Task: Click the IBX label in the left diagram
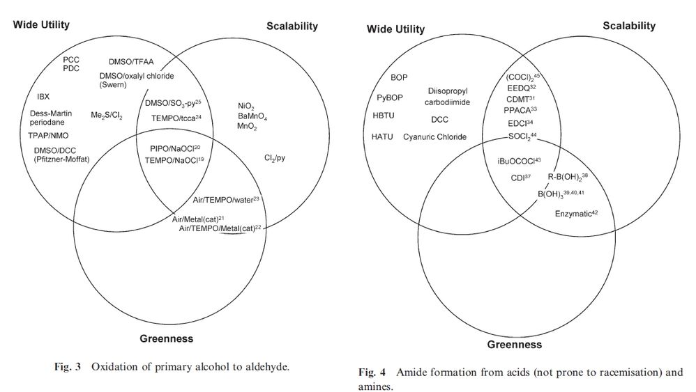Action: click(43, 96)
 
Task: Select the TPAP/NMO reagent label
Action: click(50, 136)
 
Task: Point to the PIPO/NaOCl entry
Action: click(174, 148)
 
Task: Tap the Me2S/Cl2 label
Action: click(106, 115)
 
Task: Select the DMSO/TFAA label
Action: click(131, 61)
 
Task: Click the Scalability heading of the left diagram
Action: click(292, 26)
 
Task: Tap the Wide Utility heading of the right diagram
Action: click(395, 29)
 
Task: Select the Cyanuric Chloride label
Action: click(434, 137)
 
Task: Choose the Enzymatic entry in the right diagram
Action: click(576, 214)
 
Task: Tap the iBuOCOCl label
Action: click(519, 161)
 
